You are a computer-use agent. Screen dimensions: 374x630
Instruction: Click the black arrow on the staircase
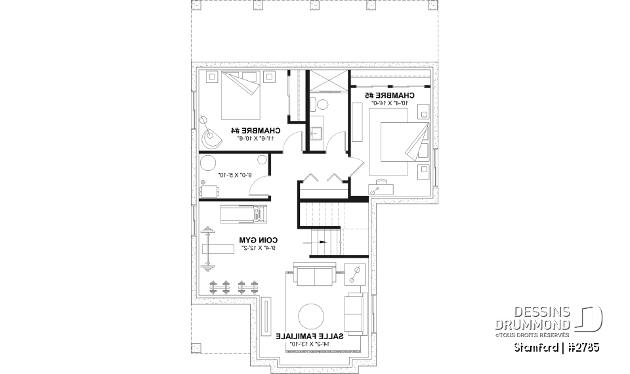click(322, 242)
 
